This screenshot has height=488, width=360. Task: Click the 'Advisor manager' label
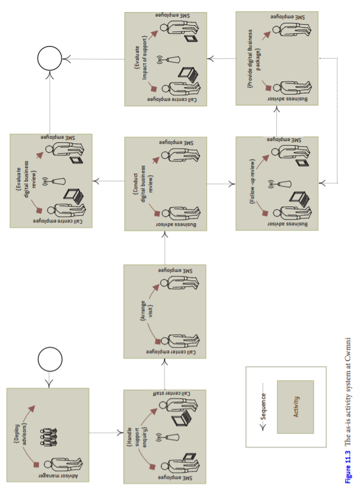[58, 476]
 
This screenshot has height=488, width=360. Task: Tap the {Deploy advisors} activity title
[21, 434]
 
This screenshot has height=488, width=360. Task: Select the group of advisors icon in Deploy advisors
[49, 438]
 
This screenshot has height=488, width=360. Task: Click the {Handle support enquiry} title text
[137, 437]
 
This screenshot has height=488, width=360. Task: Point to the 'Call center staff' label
[171, 393]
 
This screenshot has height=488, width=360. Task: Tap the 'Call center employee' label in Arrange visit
[171, 352]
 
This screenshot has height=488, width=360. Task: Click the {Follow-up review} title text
[252, 181]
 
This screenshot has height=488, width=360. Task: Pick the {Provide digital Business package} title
[254, 58]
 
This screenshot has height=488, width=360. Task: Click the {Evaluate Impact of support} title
[140, 57]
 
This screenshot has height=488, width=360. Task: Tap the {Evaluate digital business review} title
[26, 179]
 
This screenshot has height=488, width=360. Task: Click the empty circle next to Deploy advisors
[50, 359]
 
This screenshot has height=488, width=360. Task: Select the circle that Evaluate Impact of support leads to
[50, 58]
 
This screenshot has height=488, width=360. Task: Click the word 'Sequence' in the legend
[263, 407]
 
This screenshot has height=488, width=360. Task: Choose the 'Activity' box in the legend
[295, 407]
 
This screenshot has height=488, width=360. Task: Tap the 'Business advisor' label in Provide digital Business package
[287, 99]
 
